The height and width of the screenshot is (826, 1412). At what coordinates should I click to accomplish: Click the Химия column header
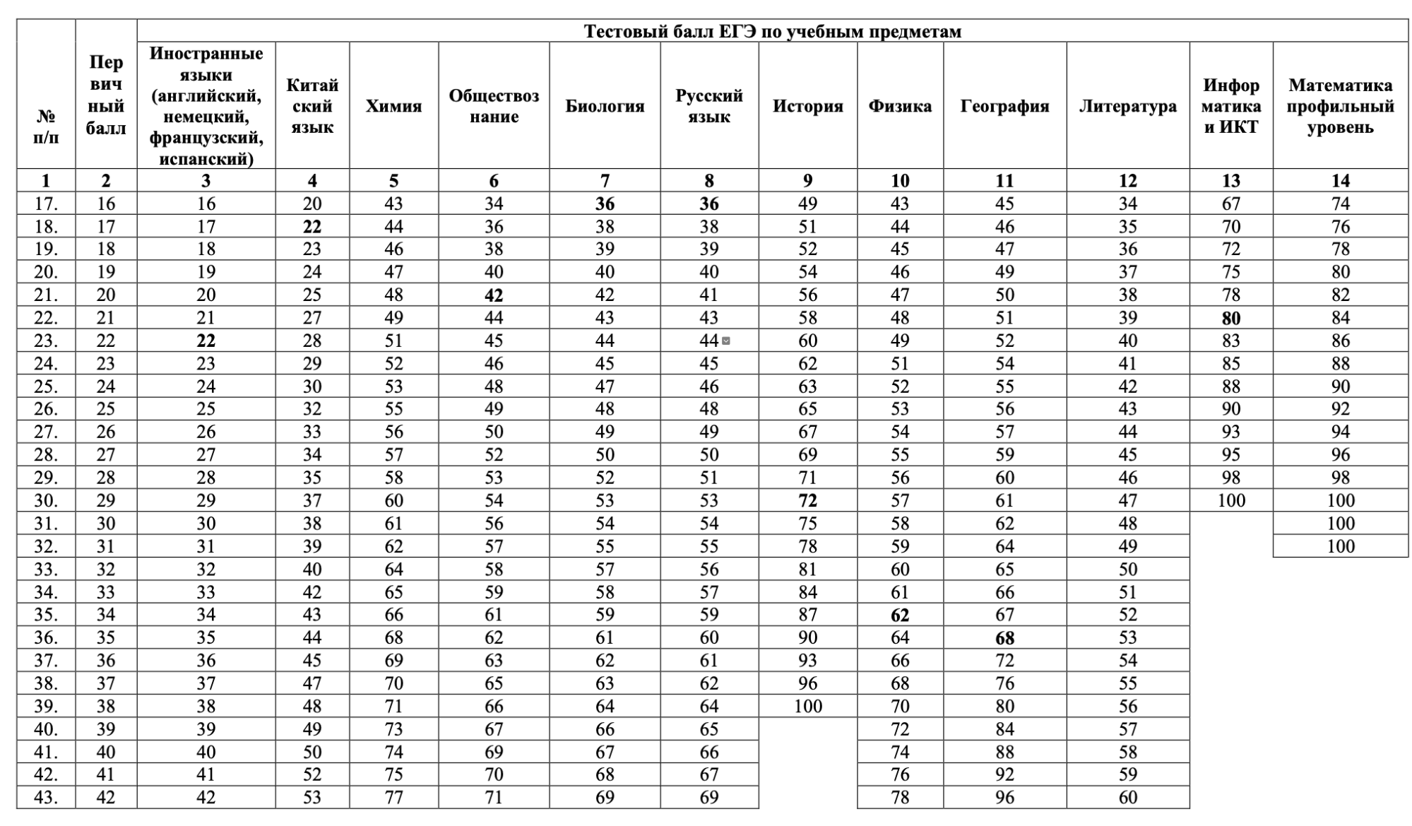pos(393,107)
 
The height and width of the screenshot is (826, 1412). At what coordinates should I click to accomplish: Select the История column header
pos(807,107)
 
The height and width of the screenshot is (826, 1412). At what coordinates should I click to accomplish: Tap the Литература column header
pos(1127,107)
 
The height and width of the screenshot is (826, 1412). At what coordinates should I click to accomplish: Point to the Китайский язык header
pos(312,107)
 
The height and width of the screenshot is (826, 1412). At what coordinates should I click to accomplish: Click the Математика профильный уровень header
pos(1340,107)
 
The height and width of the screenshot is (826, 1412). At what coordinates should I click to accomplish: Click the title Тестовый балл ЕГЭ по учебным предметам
pos(772,32)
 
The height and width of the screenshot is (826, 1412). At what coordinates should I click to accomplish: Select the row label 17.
pos(46,204)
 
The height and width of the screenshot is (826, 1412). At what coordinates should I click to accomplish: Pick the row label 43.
pos(46,798)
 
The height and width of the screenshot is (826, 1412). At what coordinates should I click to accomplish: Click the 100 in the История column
pos(807,707)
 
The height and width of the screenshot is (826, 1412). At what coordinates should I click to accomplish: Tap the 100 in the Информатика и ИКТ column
pos(1230,501)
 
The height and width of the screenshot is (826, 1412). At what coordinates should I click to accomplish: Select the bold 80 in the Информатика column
pos(1230,319)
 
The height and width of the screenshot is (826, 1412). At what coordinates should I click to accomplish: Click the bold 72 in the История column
pos(807,501)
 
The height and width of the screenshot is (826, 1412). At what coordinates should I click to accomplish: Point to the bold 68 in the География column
pos(1004,639)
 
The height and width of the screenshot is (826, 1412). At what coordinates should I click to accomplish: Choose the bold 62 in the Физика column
pos(899,615)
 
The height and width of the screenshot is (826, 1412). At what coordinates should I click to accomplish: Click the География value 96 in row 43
pos(1004,798)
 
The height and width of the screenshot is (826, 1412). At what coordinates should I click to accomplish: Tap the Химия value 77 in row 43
pos(393,798)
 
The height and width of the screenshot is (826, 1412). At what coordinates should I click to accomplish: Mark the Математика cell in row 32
pos(1340,546)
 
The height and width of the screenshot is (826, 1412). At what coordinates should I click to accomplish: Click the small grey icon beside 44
pos(725,341)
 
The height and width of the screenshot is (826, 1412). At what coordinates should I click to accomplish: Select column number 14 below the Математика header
pos(1340,181)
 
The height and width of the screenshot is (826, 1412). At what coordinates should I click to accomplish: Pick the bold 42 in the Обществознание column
pos(494,295)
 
